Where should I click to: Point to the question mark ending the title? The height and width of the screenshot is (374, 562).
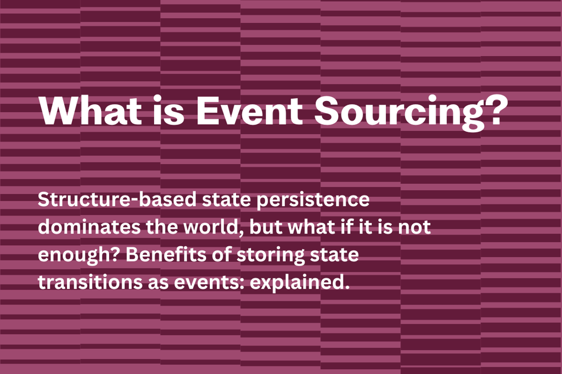pos(491,111)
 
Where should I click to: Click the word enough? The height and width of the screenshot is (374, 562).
pos(75,256)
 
